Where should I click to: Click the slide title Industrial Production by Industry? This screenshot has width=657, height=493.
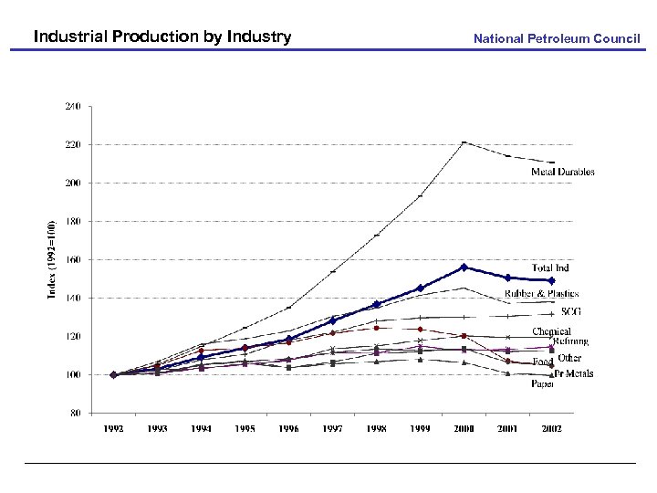point(162,37)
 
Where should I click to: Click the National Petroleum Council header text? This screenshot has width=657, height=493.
point(557,38)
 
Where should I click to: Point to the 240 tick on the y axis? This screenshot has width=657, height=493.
point(71,106)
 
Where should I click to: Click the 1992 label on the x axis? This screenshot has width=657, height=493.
point(113,428)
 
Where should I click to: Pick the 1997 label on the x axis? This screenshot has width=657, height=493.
point(332,428)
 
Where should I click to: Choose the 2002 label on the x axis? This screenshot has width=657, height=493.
point(551,428)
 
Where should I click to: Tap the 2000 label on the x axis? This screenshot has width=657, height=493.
point(464,428)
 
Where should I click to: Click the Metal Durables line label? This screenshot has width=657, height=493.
point(563,172)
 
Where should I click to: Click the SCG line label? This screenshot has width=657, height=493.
point(571,312)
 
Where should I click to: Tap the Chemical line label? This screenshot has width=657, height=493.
point(552,331)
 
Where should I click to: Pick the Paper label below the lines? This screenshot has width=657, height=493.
point(543,384)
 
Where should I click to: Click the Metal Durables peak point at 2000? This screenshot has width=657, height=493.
point(464,142)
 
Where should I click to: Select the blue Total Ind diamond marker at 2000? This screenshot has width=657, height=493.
point(464,267)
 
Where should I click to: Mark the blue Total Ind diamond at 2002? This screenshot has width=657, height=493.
point(551,280)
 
